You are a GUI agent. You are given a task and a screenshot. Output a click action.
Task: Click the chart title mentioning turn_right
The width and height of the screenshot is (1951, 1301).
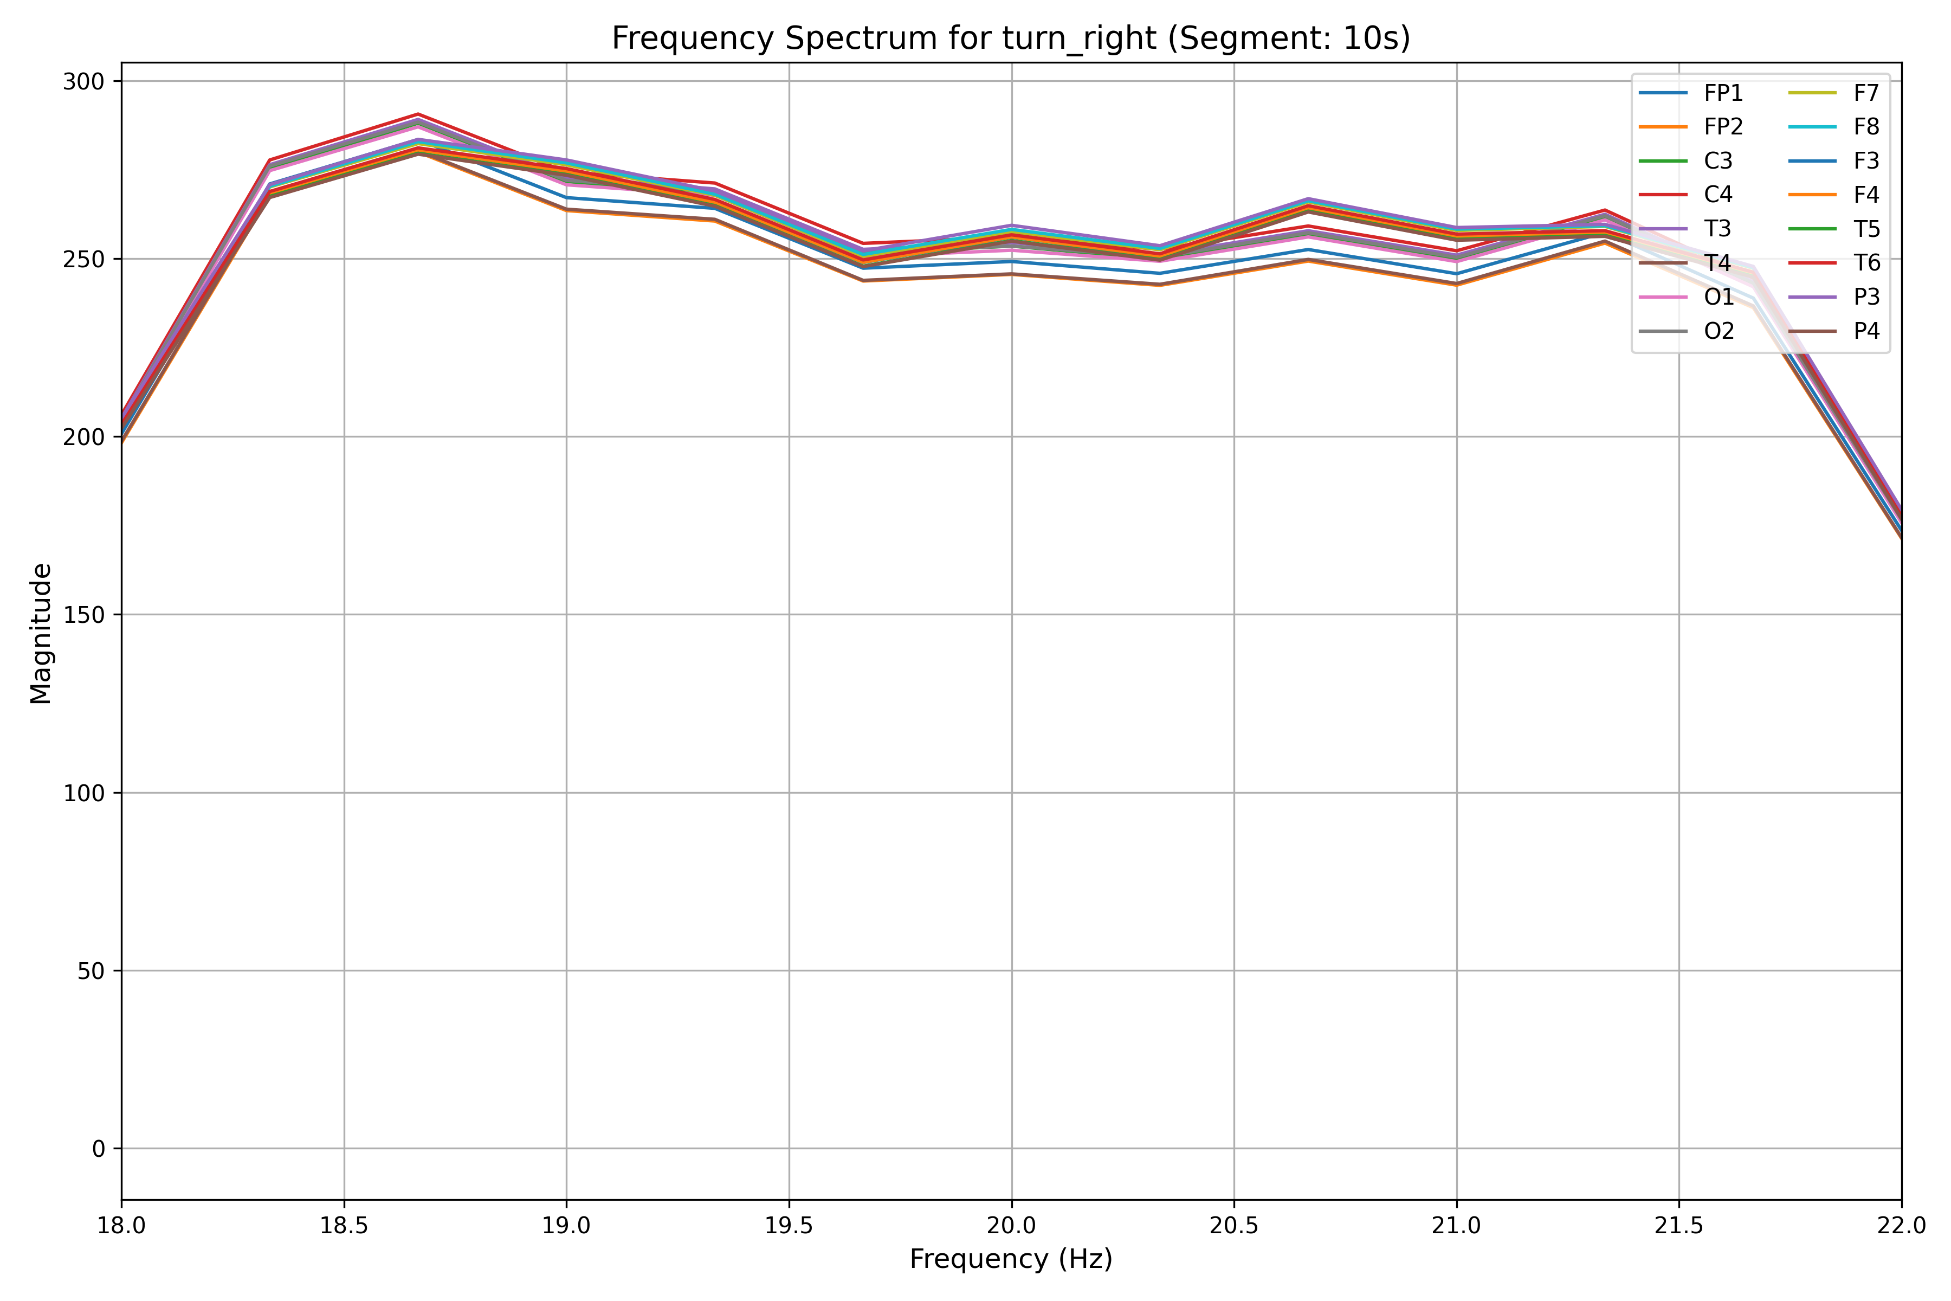click(x=1010, y=38)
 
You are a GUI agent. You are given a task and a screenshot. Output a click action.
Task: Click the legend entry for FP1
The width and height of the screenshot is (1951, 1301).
click(x=1722, y=93)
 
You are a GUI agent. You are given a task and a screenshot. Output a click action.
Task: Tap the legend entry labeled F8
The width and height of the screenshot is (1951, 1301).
click(x=1865, y=127)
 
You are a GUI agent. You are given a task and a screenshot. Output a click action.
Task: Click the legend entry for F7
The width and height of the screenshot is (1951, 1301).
click(x=1865, y=93)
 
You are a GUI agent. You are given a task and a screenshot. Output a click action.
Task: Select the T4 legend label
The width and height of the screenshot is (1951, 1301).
click(x=1717, y=263)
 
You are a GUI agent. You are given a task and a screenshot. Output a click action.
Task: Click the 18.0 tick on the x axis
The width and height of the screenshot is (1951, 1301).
click(x=122, y=1226)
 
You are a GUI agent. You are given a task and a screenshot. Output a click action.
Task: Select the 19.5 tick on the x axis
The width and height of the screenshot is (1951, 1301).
click(x=789, y=1226)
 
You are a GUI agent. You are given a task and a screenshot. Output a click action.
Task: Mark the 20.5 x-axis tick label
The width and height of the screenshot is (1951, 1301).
click(x=1233, y=1226)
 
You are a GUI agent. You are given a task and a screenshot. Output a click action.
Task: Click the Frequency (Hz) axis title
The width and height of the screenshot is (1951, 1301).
click(x=1010, y=1259)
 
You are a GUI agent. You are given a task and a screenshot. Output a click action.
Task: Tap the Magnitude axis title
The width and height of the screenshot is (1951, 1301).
click(x=41, y=634)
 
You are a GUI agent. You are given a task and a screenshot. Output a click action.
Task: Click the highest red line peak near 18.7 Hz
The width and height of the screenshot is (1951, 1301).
click(x=418, y=114)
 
